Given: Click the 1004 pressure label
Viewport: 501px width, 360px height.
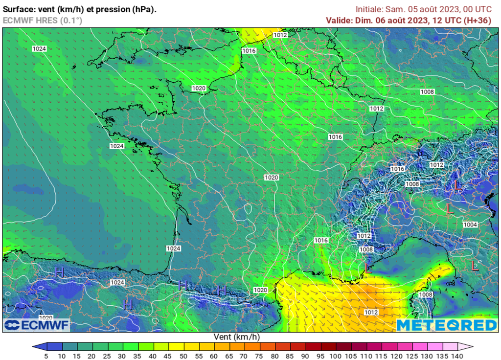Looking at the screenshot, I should [x=470, y=225].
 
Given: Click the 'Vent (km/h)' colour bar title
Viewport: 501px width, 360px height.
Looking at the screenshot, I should [x=237, y=337].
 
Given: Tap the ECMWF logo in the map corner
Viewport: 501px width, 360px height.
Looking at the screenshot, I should [x=37, y=325].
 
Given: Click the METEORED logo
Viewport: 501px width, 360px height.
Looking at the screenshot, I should [x=446, y=325].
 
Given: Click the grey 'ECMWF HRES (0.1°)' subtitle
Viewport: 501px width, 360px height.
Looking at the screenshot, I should [x=43, y=20].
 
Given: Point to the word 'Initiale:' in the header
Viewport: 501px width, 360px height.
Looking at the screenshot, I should [x=370, y=9].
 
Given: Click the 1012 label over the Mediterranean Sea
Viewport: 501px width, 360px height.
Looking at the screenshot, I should [x=371, y=312].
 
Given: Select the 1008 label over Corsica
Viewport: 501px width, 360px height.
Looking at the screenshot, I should [x=426, y=295].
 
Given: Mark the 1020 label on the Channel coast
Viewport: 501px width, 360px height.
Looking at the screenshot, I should [x=198, y=88].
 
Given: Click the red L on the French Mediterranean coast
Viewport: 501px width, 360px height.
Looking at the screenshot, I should [x=368, y=268].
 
